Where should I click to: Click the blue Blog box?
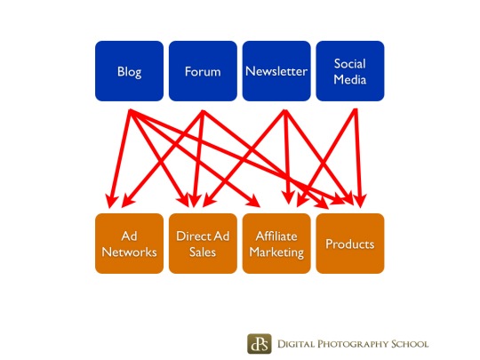129,71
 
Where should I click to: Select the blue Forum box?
203,71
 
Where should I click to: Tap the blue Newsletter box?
276,71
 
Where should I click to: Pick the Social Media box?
350,71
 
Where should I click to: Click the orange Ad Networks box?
129,244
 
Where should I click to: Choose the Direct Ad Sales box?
203,244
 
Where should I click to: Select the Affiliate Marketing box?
276,244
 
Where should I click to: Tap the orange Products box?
350,244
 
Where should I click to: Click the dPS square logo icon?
260,344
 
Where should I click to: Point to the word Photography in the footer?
352,344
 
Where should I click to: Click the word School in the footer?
410,344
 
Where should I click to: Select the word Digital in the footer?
296,344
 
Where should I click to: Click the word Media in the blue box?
350,80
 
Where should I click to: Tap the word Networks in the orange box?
129,252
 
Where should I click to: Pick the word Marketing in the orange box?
276,252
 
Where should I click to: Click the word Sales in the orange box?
203,252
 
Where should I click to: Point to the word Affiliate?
276,236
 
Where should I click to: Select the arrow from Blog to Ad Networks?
120,159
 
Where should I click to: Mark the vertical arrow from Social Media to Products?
358,158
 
